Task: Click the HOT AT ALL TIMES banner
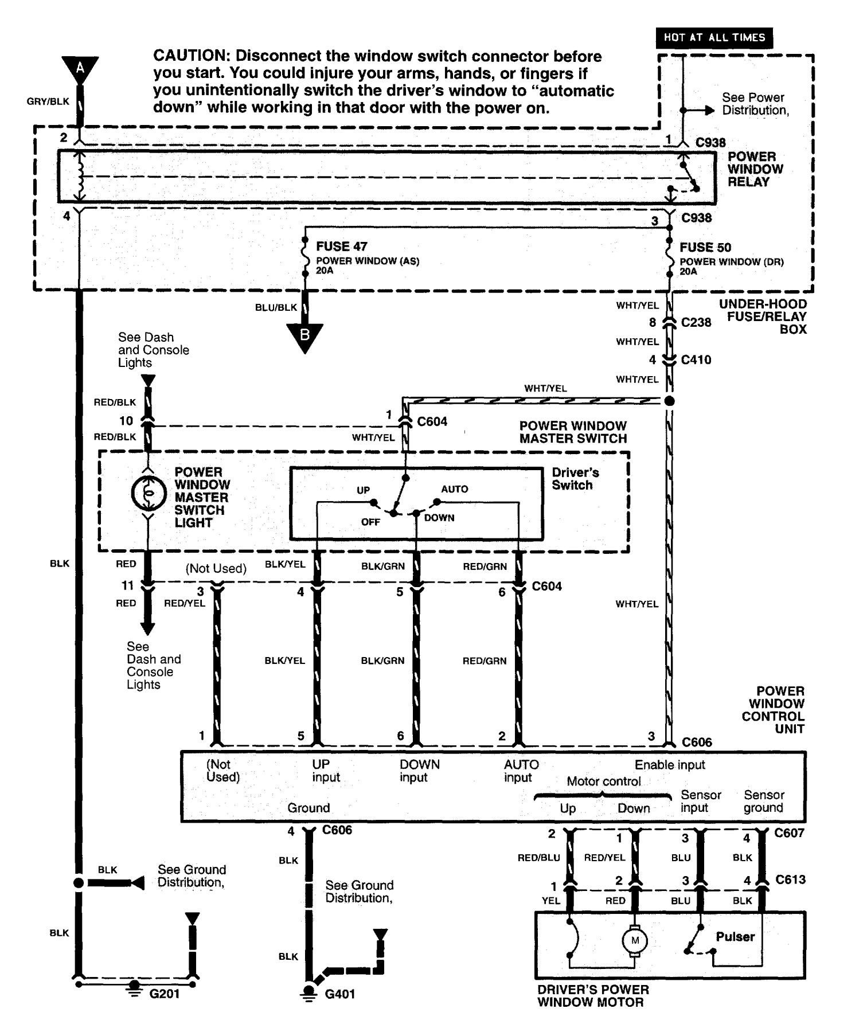click(714, 38)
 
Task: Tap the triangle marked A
click(80, 68)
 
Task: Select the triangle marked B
click(304, 337)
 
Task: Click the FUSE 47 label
click(341, 247)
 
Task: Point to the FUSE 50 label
click(705, 248)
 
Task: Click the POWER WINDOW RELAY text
click(755, 169)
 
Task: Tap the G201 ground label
click(165, 994)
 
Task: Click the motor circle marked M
click(635, 940)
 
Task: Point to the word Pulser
click(735, 937)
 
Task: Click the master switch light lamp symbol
click(148, 493)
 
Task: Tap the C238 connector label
click(696, 322)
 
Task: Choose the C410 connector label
click(696, 360)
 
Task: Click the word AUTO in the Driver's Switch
click(455, 489)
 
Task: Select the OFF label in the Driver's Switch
click(370, 522)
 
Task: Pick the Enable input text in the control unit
click(670, 765)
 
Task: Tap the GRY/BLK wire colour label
click(48, 101)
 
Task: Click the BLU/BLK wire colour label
click(276, 307)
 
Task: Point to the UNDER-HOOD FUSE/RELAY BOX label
click(763, 316)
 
